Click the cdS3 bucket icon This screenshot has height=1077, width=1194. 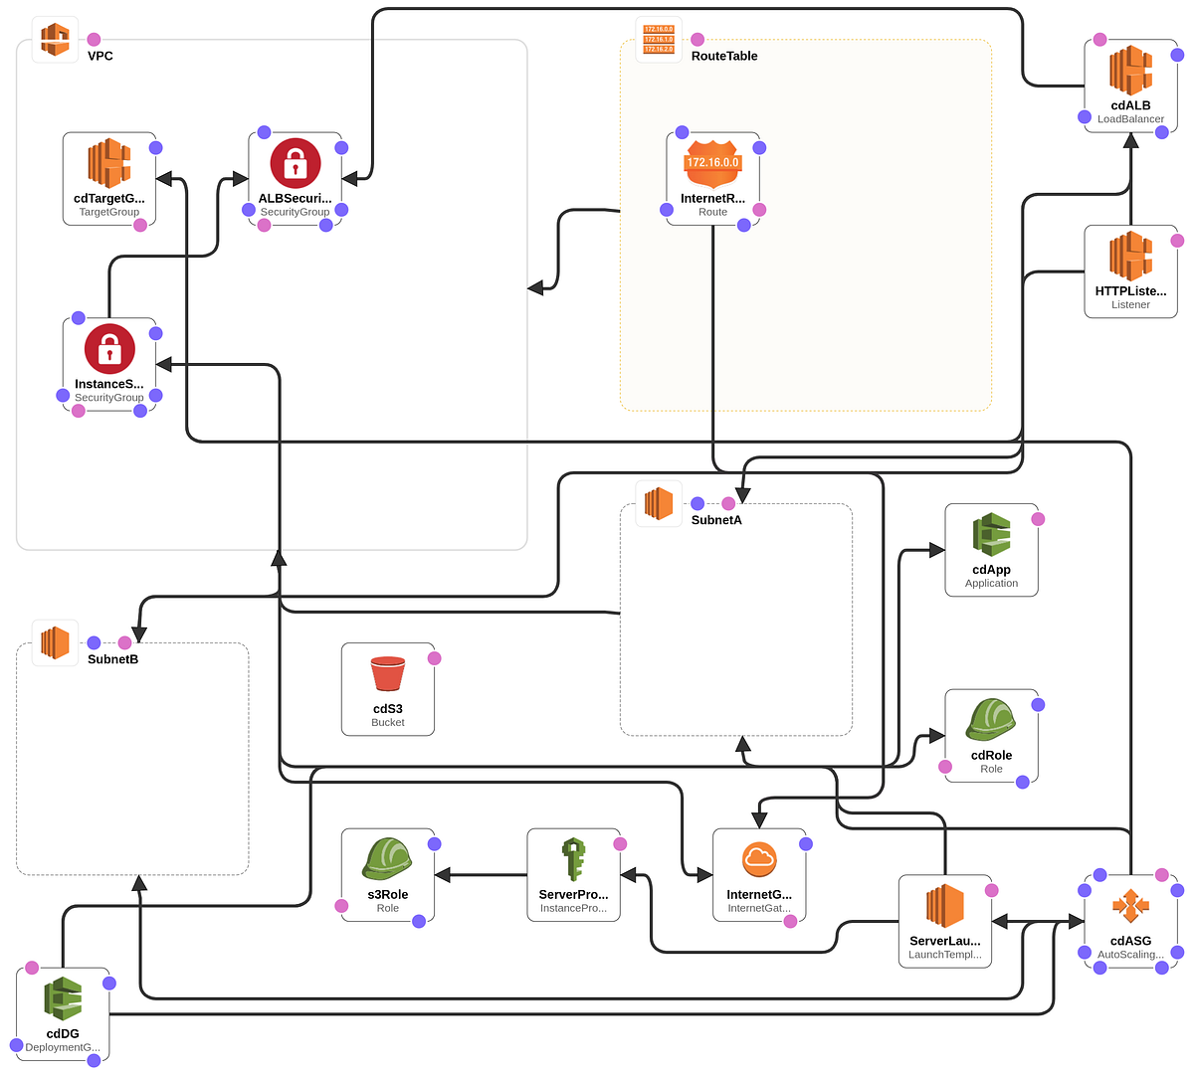(x=387, y=674)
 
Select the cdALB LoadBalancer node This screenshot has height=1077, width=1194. (x=1130, y=72)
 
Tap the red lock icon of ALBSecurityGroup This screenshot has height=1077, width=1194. (x=296, y=163)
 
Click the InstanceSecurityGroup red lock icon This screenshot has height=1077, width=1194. (x=109, y=349)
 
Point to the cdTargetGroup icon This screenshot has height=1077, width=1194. (x=109, y=163)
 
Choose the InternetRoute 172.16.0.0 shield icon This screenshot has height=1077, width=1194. (x=712, y=163)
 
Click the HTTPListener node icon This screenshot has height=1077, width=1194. (x=1130, y=257)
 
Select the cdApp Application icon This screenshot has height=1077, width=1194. (x=991, y=535)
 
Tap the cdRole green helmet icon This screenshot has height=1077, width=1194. (x=991, y=720)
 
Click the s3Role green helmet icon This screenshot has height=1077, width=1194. (x=387, y=859)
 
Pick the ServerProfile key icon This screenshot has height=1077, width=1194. (x=573, y=859)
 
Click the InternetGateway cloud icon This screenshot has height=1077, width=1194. (x=759, y=859)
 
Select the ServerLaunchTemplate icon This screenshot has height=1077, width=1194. (x=944, y=906)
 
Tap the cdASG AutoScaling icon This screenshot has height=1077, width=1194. (x=1130, y=906)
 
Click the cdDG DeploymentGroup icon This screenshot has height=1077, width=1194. (x=63, y=998)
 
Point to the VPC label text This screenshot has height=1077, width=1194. (x=100, y=56)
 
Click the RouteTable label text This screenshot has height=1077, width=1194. (x=724, y=56)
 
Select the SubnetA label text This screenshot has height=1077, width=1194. (x=716, y=520)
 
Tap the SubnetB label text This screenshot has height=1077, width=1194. (x=112, y=659)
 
